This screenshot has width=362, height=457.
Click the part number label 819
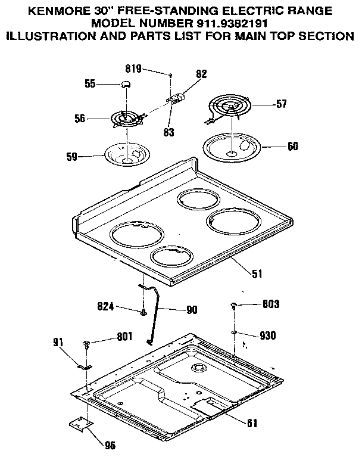[133, 69]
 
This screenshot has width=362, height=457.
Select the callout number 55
[90, 85]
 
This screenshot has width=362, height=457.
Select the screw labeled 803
[233, 306]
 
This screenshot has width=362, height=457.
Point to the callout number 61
[252, 423]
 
